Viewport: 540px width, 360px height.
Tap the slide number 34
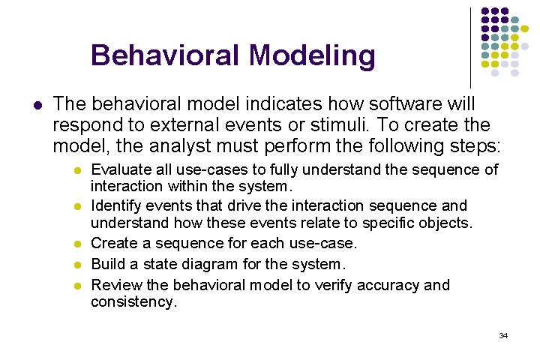pos(503,335)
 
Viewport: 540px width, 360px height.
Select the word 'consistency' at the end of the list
pos(133,302)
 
